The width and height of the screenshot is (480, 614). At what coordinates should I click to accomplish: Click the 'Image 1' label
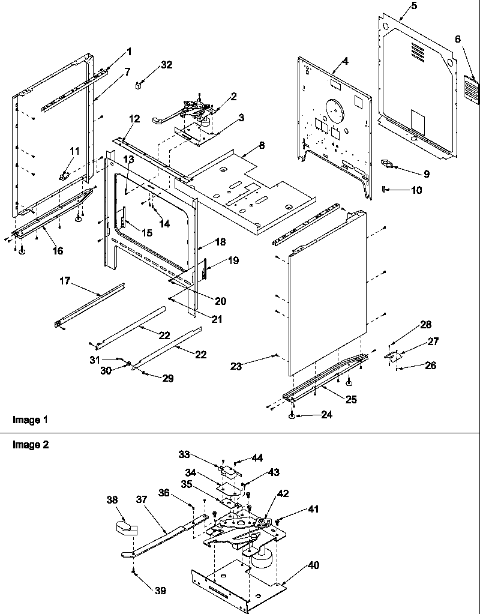[30, 420]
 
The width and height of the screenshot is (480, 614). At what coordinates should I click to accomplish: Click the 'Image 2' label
[30, 445]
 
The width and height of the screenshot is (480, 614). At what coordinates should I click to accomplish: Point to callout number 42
[283, 494]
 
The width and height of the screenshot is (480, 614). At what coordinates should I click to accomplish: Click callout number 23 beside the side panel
[236, 366]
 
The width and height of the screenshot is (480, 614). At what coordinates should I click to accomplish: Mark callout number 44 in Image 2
[257, 458]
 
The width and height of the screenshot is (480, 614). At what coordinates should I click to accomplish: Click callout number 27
[433, 342]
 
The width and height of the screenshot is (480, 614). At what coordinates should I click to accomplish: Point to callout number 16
[58, 251]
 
